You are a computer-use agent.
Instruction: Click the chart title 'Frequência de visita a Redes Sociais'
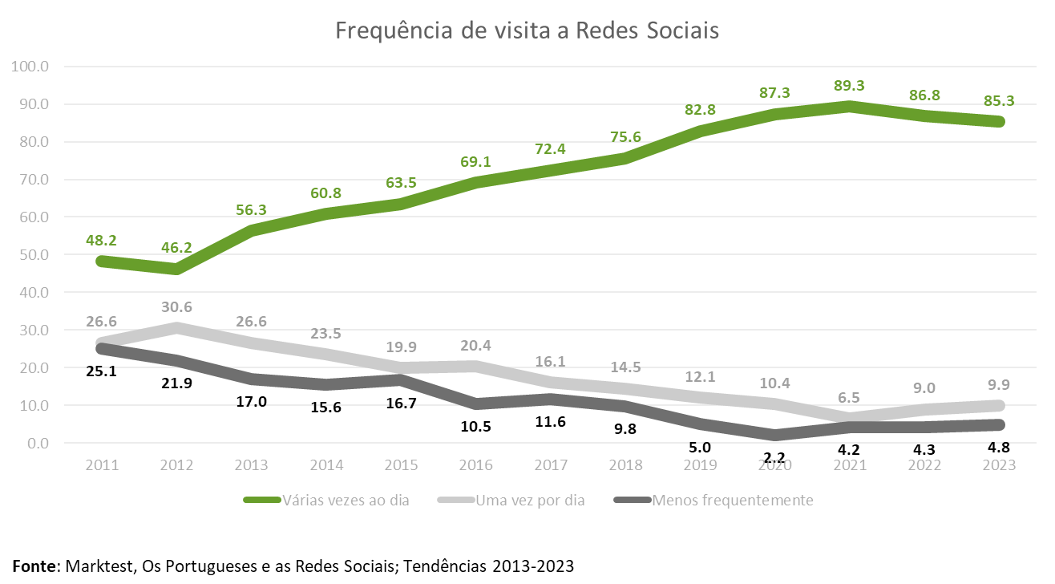click(527, 30)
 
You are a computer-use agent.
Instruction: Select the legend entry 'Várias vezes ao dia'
click(346, 501)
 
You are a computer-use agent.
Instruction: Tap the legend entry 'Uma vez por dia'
click(530, 501)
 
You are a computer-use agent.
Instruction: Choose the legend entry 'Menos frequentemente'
click(733, 501)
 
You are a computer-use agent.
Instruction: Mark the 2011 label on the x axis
click(103, 466)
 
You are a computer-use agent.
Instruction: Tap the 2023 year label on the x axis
click(1000, 466)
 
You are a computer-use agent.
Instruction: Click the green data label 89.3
click(849, 86)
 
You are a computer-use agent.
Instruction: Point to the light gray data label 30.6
click(176, 307)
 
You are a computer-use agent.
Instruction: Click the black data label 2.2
click(774, 458)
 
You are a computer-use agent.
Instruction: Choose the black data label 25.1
click(101, 371)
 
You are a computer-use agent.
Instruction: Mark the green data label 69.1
click(475, 162)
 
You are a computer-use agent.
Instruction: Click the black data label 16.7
click(401, 403)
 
